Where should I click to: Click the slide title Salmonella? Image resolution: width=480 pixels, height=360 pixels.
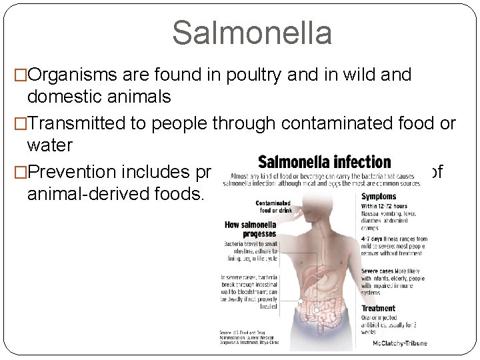(x=252, y=33)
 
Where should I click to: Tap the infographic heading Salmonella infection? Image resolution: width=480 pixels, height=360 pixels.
(x=324, y=162)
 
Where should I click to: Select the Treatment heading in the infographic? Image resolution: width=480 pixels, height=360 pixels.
(x=378, y=309)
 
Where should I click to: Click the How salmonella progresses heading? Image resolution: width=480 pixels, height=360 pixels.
(x=250, y=229)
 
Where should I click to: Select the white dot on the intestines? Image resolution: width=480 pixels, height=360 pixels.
(x=301, y=302)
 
